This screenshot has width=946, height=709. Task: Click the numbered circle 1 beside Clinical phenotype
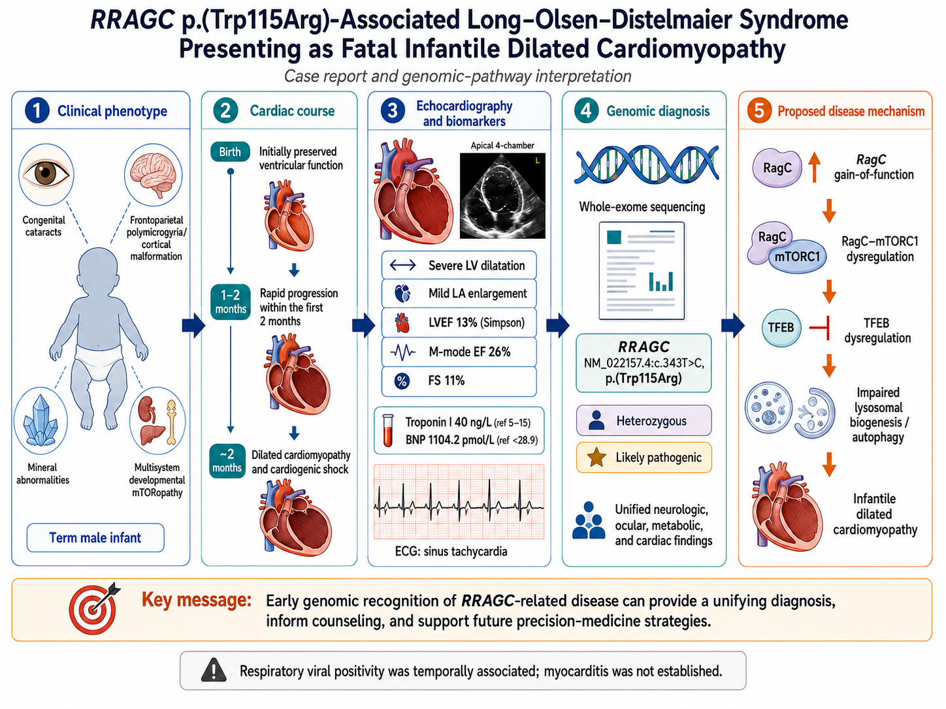coord(37,110)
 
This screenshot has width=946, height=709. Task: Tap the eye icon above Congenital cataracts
coord(46,174)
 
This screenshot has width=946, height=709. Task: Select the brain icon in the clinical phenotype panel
coord(154,174)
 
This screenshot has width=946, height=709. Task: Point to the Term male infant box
coord(95,538)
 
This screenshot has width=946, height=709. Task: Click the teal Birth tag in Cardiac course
coord(230,151)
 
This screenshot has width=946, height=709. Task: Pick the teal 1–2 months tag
coord(231,302)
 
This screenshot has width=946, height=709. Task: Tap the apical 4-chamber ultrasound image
coord(502,196)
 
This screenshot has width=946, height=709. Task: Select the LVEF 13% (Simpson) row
coord(459,323)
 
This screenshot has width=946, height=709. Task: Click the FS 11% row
coord(459,381)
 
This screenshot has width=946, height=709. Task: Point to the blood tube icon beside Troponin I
coord(388,430)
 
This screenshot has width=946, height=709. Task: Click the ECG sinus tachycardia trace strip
coord(459,502)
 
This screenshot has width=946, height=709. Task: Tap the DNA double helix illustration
coord(646,165)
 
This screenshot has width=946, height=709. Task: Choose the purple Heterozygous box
coord(644,420)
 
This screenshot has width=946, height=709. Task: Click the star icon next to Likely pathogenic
coord(596,457)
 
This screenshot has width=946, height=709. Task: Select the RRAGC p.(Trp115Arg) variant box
coord(644,363)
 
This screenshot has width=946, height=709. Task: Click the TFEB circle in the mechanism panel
coord(781,328)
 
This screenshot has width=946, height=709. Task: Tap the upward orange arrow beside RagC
coord(814,167)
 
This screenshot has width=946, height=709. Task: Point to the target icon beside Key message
coord(94,608)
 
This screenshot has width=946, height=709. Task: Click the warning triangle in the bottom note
coord(214,670)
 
